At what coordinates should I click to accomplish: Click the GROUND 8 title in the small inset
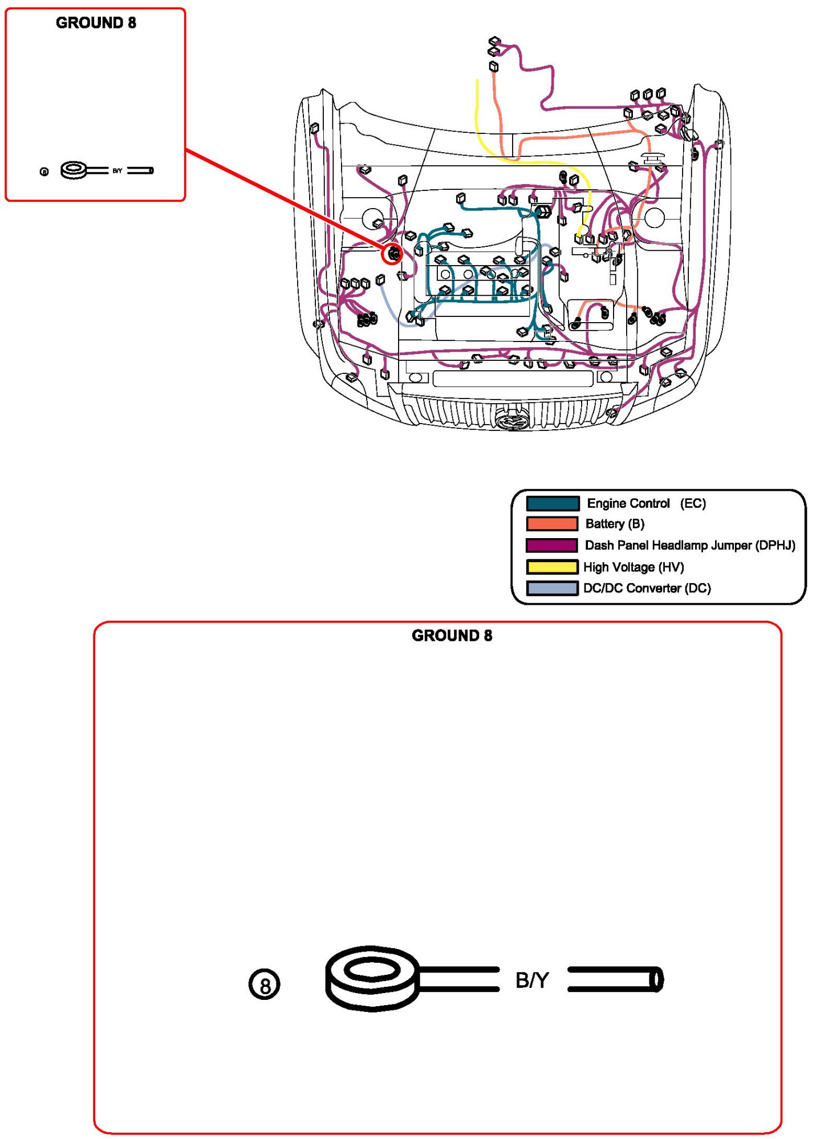pyautogui.click(x=96, y=23)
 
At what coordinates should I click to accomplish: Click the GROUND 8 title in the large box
pyautogui.click(x=452, y=636)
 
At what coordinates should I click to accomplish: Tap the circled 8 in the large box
pyautogui.click(x=265, y=985)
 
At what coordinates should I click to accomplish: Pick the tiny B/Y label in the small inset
pyautogui.click(x=117, y=170)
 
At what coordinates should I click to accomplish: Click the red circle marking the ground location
pyautogui.click(x=392, y=254)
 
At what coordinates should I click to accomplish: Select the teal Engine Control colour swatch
pyautogui.click(x=552, y=503)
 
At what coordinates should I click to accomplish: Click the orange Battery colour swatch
pyautogui.click(x=552, y=524)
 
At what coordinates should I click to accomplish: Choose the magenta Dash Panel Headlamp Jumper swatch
pyautogui.click(x=552, y=545)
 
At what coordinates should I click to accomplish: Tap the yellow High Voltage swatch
pyautogui.click(x=552, y=567)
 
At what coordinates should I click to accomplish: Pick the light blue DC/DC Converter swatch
pyautogui.click(x=552, y=588)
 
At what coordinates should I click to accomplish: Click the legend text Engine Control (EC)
pyautogui.click(x=646, y=503)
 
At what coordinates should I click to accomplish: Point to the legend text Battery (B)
pyautogui.click(x=615, y=524)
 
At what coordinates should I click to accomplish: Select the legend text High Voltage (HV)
pyautogui.click(x=634, y=567)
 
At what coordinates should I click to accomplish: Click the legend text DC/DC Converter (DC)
pyautogui.click(x=647, y=588)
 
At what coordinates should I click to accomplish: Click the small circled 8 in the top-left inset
pyautogui.click(x=44, y=172)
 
